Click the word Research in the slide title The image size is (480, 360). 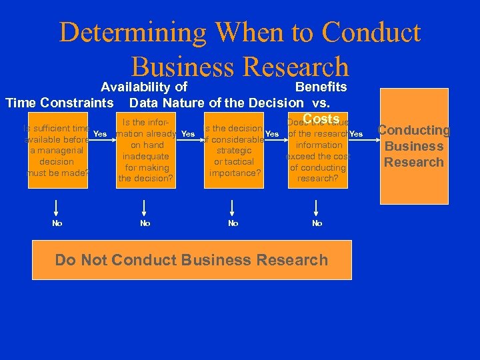tap(296, 67)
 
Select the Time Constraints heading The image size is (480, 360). tap(59, 103)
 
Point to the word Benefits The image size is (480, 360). tap(321, 87)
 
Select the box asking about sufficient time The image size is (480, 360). tap(57, 151)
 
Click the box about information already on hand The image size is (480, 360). tap(145, 151)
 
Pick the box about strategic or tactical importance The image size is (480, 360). tap(233, 151)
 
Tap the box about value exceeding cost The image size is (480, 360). tap(319, 151)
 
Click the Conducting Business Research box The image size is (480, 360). tap(414, 146)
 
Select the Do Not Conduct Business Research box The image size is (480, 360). tap(191, 259)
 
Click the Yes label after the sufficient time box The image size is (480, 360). tap(100, 134)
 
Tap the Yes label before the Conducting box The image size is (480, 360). tap(356, 134)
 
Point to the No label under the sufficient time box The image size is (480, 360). tap(57, 223)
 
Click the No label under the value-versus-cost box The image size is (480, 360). tap(317, 223)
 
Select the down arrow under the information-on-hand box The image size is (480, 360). tap(145, 206)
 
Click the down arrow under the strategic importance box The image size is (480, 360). tap(233, 206)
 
